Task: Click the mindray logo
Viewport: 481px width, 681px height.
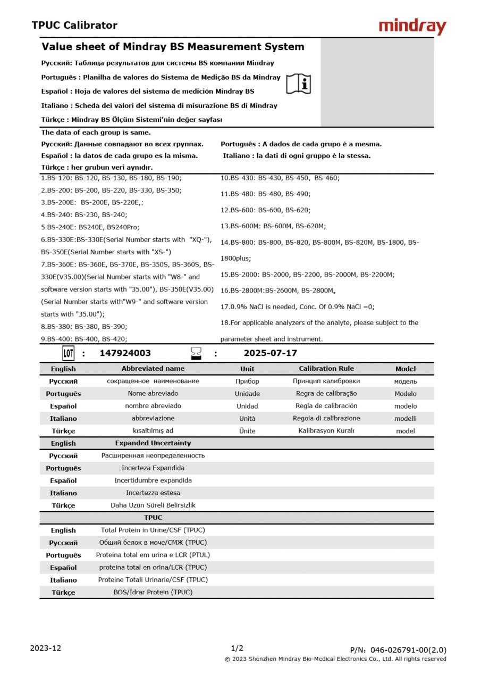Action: coord(412,26)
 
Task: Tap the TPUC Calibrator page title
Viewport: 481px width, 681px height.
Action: coord(74,25)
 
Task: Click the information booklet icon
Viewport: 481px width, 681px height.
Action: coord(299,84)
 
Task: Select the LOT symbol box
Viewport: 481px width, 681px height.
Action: coord(69,353)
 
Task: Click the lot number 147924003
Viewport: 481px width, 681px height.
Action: coord(125,353)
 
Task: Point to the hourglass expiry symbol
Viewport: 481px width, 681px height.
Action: coord(197,353)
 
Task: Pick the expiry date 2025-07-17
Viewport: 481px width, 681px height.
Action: coord(271,353)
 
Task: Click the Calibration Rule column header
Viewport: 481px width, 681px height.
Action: coord(326,369)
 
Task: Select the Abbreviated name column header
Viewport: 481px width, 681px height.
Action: coord(153,369)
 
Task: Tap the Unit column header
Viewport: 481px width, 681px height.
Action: coord(247,369)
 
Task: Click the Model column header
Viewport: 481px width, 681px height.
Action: coord(406,369)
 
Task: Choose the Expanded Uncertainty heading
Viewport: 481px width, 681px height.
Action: coord(153,443)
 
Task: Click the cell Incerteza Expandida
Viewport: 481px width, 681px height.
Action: coord(153,468)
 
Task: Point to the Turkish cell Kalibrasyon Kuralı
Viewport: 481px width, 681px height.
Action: coord(326,431)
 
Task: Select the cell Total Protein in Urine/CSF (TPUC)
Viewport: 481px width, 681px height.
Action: coord(153,530)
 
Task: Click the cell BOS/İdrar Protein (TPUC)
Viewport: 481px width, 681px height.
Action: coord(153,592)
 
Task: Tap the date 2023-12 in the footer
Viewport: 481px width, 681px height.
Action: coord(46,648)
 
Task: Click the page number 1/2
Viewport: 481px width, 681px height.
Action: coord(237,648)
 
